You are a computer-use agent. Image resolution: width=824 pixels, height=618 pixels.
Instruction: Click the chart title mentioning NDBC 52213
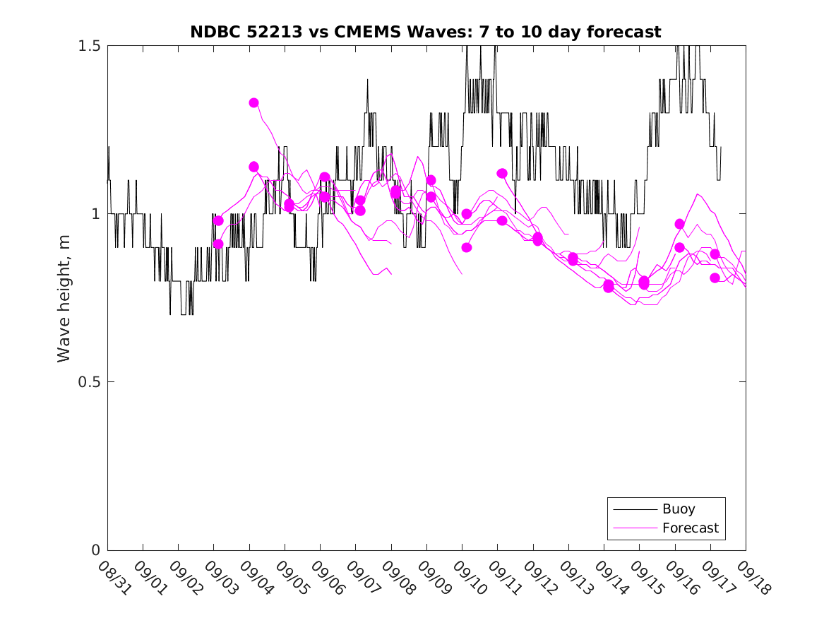pos(425,32)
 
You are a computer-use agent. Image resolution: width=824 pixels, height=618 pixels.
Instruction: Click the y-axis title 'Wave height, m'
pos(64,297)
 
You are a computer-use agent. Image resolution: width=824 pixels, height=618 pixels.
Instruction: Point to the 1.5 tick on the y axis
pos(89,46)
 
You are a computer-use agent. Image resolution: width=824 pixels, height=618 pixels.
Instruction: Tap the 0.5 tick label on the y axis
pos(89,382)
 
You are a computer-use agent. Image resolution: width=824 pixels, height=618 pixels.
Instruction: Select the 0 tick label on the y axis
pos(96,550)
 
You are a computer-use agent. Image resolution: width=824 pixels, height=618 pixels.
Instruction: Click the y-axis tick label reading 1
pos(96,214)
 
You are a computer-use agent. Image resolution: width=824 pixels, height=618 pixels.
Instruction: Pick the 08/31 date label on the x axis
pos(113,577)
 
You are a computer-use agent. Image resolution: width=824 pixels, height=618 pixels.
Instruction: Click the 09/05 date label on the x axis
pos(290,577)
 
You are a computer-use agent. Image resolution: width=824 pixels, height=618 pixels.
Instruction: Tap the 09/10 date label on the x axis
pos(467,577)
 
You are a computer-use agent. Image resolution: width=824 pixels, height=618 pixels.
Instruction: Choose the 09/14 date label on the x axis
pos(609,577)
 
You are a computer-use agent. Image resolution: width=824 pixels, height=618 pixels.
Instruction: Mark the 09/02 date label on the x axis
pos(184,577)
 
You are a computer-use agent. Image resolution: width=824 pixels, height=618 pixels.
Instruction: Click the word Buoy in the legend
pos(679,509)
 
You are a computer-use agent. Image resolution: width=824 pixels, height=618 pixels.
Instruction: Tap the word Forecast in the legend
pos(690,528)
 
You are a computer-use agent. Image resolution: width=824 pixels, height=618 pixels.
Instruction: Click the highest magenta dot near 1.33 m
pos(253,103)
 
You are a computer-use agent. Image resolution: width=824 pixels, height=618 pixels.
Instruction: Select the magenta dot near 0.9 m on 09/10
pos(466,247)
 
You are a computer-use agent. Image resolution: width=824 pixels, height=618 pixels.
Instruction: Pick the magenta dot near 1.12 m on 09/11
pos(502,174)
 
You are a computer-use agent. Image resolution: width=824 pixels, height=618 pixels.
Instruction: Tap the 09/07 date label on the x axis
pos(361,577)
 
